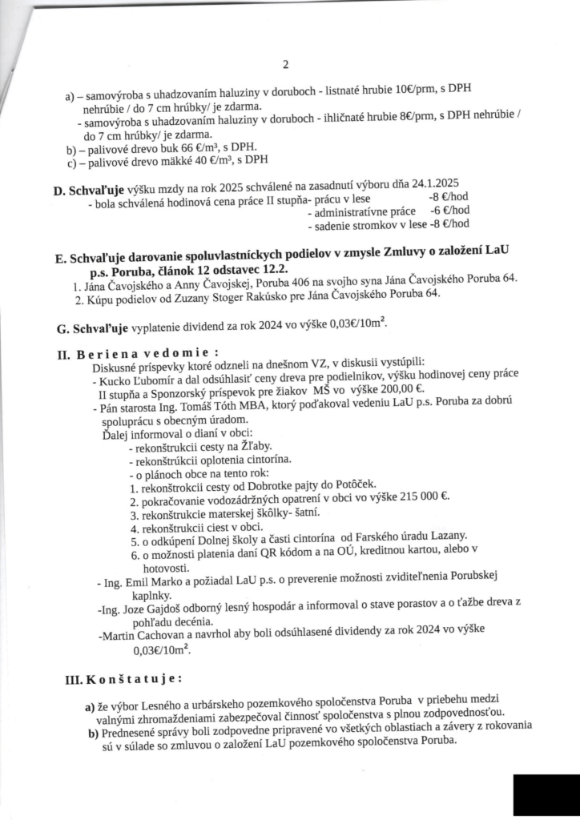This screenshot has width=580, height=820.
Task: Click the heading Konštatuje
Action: pos(139,679)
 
